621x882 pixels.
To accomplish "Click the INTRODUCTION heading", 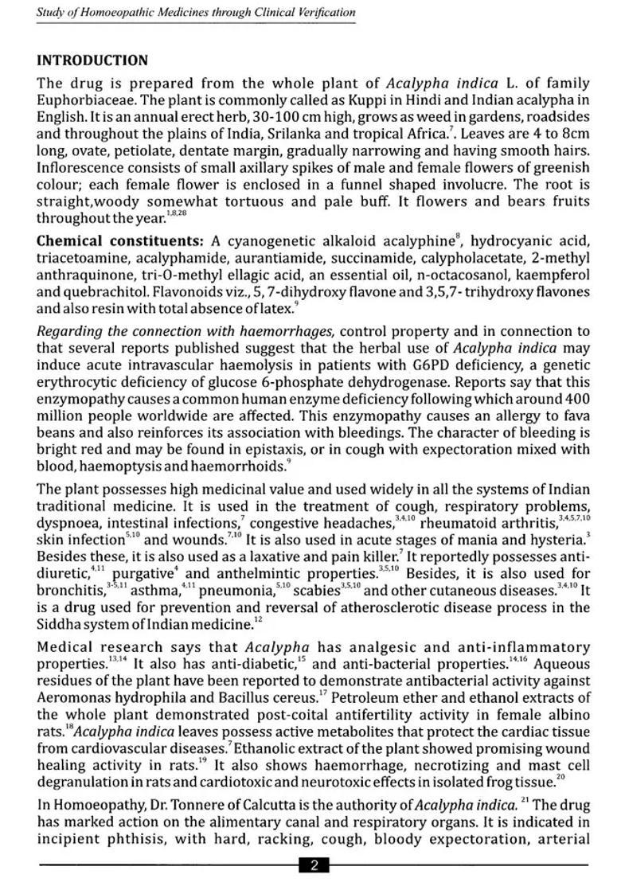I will click(92, 60).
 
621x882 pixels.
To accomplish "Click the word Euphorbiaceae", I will click(78, 100).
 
